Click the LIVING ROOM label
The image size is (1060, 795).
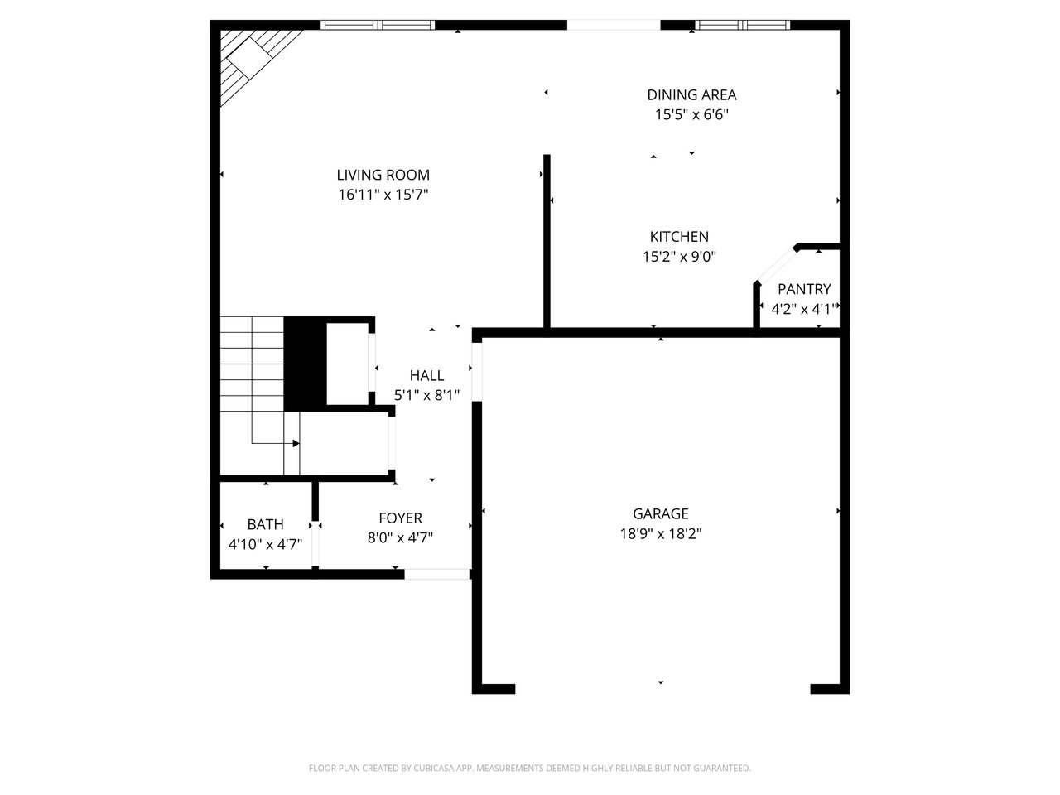[383, 175]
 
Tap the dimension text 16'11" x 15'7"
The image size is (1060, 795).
[383, 195]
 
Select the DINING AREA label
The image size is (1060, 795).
[691, 95]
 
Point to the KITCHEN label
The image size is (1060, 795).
[679, 237]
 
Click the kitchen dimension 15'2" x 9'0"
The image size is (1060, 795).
[679, 257]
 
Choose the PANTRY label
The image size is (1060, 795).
[804, 289]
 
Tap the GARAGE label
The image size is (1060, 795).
[661, 513]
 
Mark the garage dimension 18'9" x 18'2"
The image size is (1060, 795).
[661, 534]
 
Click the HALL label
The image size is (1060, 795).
[426, 375]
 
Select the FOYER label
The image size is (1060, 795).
[400, 518]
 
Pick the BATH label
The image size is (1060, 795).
[265, 524]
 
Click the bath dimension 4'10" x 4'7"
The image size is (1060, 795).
[265, 544]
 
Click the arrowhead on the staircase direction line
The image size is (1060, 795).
[296, 443]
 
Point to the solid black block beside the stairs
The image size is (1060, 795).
[306, 364]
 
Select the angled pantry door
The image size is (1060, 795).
[776, 264]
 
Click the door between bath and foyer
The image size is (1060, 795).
[315, 543]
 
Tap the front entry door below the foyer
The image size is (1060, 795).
[437, 574]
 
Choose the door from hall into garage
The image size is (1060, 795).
[477, 372]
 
